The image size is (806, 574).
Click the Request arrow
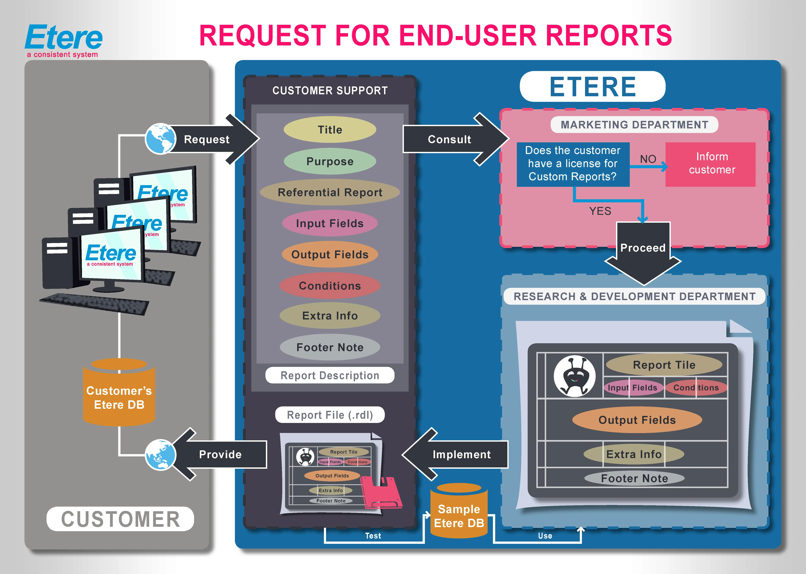[212, 139]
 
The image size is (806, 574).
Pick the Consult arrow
[452, 139]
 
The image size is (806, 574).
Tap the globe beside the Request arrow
[161, 139]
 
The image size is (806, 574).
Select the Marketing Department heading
[634, 125]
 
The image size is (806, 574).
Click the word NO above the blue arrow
[648, 159]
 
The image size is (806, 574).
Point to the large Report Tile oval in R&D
[664, 365]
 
